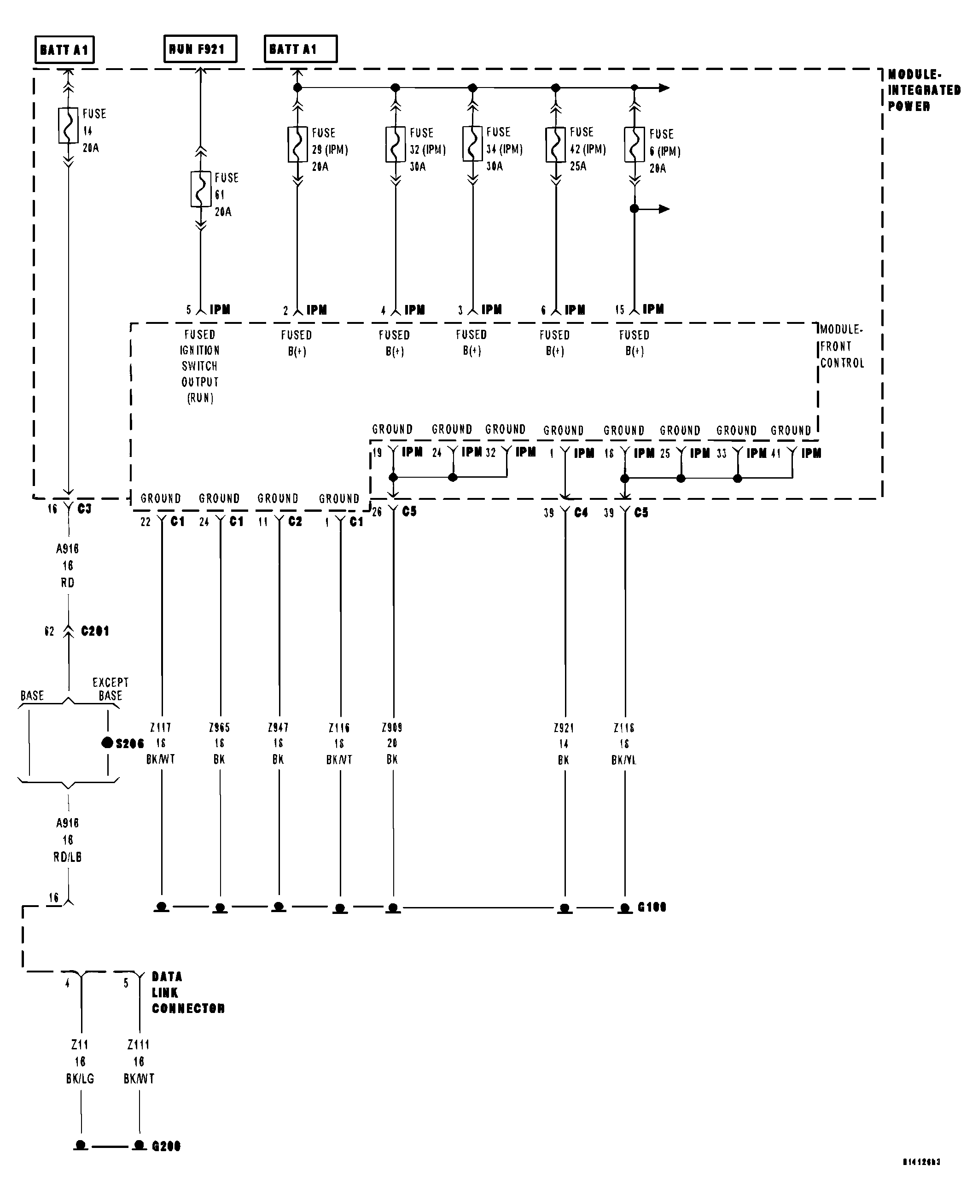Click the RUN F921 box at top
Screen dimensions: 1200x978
tap(200, 49)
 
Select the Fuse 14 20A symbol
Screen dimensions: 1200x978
tap(68, 125)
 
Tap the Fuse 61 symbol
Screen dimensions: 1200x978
tap(201, 189)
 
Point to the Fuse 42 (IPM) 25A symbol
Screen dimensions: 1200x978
tap(555, 145)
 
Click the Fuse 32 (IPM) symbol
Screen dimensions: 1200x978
tap(396, 144)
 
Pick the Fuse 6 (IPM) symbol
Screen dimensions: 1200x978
tap(635, 145)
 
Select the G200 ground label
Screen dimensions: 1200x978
tap(166, 1146)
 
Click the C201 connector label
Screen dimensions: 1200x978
tap(95, 631)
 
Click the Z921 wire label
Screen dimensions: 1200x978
tap(564, 728)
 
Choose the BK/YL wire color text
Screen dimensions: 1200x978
tap(623, 760)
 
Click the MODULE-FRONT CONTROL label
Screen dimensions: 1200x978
tap(841, 346)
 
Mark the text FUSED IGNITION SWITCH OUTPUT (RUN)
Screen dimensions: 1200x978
tap(200, 366)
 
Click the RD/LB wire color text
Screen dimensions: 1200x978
tap(68, 857)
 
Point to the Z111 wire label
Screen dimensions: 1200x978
tap(139, 1044)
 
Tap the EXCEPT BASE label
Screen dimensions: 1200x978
tap(111, 689)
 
